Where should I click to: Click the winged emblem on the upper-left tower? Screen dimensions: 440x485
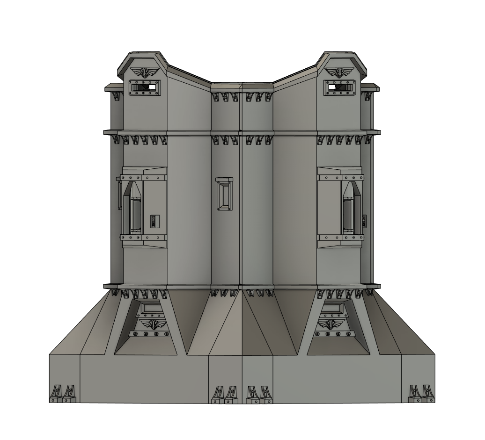[145, 72]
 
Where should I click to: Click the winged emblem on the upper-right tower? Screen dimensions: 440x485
[340, 72]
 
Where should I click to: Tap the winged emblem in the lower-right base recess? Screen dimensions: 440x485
[330, 324]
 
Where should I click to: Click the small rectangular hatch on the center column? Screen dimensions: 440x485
[224, 194]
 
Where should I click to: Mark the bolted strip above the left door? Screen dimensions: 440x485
[131, 178]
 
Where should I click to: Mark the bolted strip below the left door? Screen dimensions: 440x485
[131, 238]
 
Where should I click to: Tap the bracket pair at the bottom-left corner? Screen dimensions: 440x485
[63, 394]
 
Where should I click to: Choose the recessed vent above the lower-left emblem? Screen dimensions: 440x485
[151, 308]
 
